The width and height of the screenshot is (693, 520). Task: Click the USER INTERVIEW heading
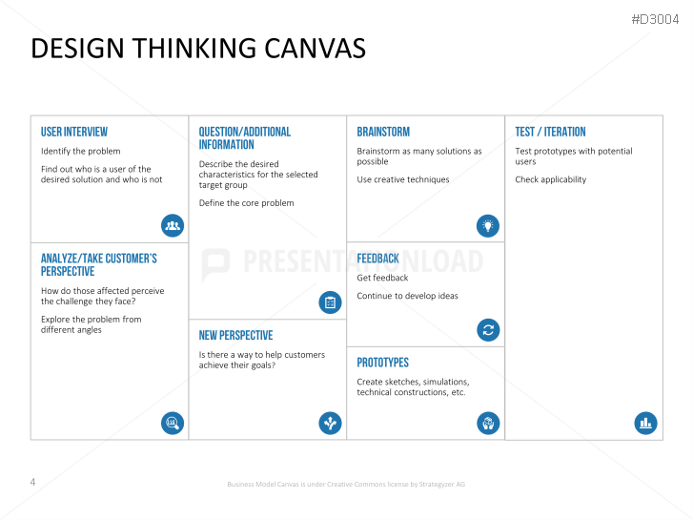(74, 132)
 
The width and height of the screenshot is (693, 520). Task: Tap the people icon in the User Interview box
(173, 225)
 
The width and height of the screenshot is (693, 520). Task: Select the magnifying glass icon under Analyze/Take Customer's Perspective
(173, 423)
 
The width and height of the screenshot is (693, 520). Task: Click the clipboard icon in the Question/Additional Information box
(330, 302)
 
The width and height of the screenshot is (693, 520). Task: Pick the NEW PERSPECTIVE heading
(235, 336)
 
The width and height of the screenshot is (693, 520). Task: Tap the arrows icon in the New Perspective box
(330, 423)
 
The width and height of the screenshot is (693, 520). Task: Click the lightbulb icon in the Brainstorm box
(488, 226)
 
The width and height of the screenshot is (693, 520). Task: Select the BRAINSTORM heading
(383, 132)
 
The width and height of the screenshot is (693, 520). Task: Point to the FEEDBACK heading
(377, 259)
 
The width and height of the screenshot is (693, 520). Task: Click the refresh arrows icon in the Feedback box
(488, 330)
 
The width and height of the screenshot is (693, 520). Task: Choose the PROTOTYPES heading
(383, 363)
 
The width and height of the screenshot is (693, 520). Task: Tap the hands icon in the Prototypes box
(488, 423)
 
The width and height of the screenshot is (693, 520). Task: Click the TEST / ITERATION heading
(550, 132)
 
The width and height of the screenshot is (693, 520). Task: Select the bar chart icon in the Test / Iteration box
(645, 423)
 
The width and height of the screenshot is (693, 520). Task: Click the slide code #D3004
(655, 19)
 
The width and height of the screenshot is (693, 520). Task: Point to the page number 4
(32, 482)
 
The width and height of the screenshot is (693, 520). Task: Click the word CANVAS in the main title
(316, 49)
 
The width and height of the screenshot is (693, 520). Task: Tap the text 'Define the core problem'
(246, 203)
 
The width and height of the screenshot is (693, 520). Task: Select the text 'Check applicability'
(551, 179)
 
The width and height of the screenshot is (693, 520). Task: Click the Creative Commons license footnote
(346, 484)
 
